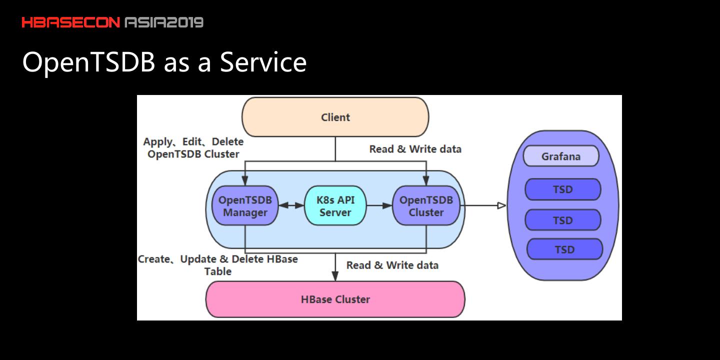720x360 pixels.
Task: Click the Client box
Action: pyautogui.click(x=335, y=117)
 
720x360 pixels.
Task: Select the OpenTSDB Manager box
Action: pyautogui.click(x=245, y=206)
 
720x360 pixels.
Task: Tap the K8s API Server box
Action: pyautogui.click(x=335, y=206)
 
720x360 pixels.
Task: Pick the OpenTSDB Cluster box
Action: pyautogui.click(x=426, y=206)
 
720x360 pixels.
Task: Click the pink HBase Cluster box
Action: pyautogui.click(x=335, y=299)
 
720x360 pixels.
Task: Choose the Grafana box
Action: pyautogui.click(x=561, y=156)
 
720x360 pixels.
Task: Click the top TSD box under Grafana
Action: pyautogui.click(x=562, y=189)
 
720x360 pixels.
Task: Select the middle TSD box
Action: pyautogui.click(x=562, y=220)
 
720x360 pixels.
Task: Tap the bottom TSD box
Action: pyautogui.click(x=564, y=249)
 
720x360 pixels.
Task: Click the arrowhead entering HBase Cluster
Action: pyautogui.click(x=335, y=276)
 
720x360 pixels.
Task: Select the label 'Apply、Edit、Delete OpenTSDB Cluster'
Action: pyautogui.click(x=193, y=148)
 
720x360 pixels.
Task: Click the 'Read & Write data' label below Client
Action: pyautogui.click(x=415, y=149)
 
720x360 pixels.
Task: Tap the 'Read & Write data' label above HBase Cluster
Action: pyautogui.click(x=392, y=265)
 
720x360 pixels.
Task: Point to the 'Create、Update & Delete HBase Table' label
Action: pyautogui.click(x=218, y=265)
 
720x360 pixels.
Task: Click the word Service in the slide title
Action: pyautogui.click(x=263, y=62)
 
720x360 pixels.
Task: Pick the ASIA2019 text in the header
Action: pyautogui.click(x=164, y=22)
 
